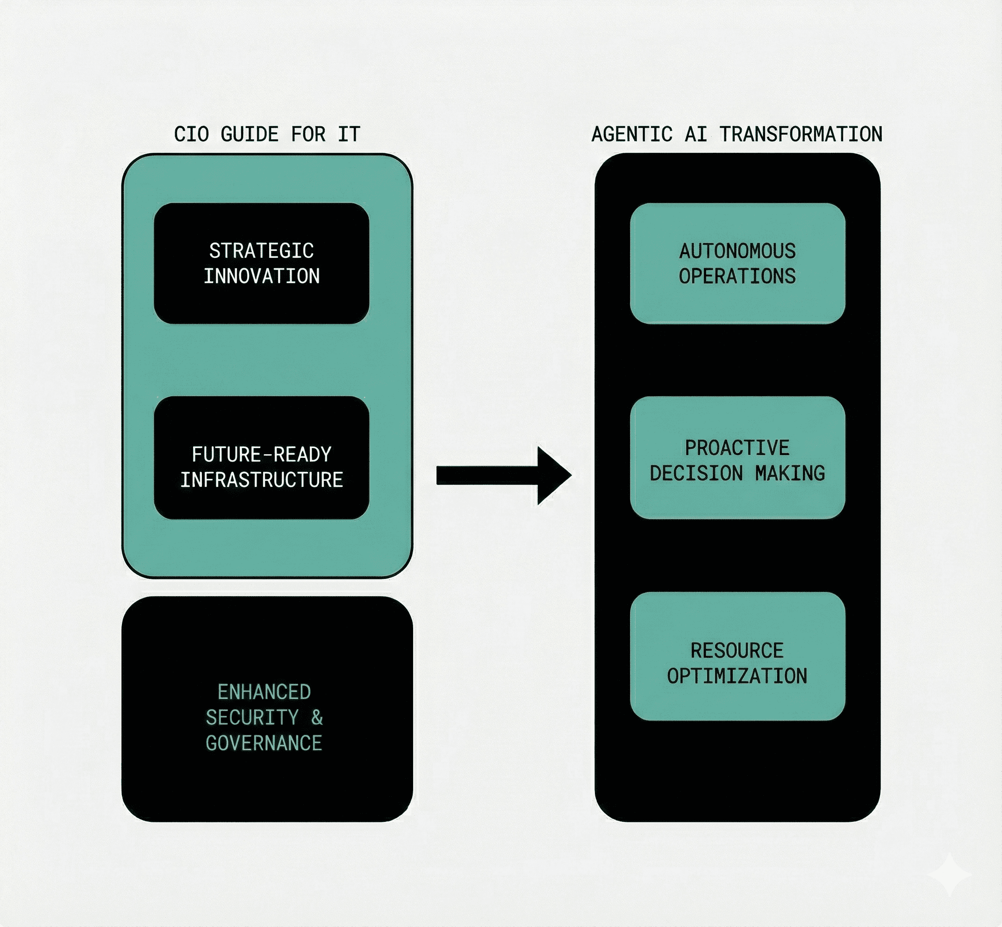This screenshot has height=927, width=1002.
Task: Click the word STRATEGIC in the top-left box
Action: coord(261,251)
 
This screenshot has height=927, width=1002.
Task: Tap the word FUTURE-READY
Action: coord(261,455)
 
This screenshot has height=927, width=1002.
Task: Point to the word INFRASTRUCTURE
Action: coord(261,480)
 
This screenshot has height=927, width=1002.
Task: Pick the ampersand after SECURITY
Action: coord(316,718)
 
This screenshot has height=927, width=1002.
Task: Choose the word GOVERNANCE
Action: coord(264,743)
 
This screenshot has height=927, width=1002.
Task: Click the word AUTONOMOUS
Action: coord(737,251)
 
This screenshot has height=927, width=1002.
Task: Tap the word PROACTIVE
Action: coord(737,448)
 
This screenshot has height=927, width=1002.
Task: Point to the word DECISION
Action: coord(696,473)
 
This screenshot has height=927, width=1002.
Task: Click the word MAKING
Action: coord(790,473)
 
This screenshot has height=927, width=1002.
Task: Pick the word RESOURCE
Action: coord(737,650)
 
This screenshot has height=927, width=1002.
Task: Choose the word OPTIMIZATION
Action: coord(737,676)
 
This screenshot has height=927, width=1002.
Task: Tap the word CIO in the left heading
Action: coord(191,135)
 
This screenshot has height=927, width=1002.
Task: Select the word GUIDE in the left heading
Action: coord(250,135)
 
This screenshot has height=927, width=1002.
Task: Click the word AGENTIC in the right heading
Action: coord(632,135)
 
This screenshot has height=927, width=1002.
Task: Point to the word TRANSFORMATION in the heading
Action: coord(801,135)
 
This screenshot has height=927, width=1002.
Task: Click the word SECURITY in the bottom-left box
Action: coord(252,718)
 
